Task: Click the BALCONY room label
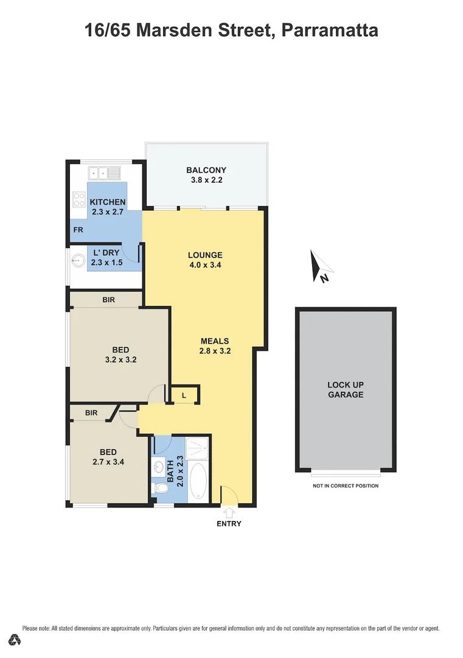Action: tap(206, 170)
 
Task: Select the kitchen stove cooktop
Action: tap(80, 199)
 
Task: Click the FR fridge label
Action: tap(78, 230)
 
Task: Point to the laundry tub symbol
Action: tap(78, 261)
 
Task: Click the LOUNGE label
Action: tap(205, 255)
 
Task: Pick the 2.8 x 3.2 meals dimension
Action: tap(215, 351)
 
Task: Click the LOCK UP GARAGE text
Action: tap(345, 390)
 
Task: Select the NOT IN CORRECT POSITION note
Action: tap(345, 486)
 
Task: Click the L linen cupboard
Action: tap(184, 395)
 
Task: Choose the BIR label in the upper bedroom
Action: tap(108, 300)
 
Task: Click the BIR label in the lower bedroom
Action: tap(91, 413)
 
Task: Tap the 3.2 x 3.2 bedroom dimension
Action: tap(120, 359)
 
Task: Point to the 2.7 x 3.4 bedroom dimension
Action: tap(108, 462)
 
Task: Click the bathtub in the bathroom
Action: tap(199, 481)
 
